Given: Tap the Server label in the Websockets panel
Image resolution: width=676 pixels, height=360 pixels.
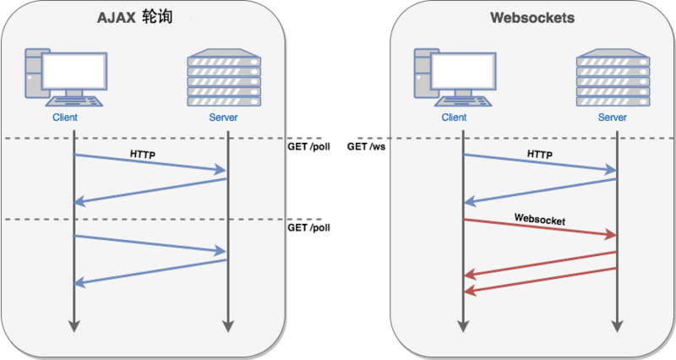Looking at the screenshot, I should click(x=612, y=117).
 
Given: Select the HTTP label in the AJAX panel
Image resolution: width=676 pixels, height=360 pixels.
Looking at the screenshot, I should click(x=143, y=155).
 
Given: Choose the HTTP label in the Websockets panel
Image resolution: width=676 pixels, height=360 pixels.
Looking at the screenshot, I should click(x=540, y=155).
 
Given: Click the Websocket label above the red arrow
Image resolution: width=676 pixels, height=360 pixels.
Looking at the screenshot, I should click(x=540, y=219).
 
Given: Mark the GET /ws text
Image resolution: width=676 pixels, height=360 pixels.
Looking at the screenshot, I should click(x=367, y=146).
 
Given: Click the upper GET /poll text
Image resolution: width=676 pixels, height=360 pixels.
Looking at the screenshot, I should click(x=309, y=146).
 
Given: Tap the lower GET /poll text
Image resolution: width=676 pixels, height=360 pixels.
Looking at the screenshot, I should click(x=309, y=228).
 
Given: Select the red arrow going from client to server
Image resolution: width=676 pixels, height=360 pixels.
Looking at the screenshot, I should click(x=540, y=228).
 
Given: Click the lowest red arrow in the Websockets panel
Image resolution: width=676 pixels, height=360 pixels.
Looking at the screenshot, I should click(x=540, y=281).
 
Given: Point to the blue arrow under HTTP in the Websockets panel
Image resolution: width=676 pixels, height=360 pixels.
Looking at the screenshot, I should click(x=540, y=164).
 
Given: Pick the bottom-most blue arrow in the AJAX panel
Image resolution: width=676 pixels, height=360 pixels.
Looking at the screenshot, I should click(x=150, y=272).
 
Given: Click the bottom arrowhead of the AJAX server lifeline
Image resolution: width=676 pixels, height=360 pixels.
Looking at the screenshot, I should click(x=227, y=326).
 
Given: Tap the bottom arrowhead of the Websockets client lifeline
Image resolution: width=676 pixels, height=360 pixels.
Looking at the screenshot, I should click(x=463, y=326).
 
